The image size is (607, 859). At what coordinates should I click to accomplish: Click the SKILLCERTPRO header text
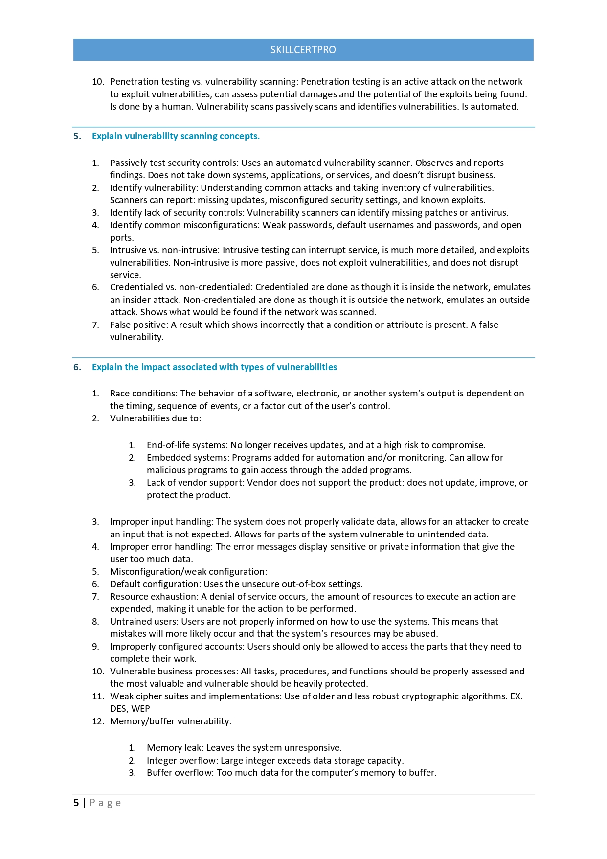click(303, 50)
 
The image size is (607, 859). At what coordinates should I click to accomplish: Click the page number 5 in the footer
click(76, 803)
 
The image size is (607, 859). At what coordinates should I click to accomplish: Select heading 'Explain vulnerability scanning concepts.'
click(176, 136)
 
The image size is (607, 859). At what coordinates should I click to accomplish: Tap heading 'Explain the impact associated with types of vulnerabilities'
click(214, 367)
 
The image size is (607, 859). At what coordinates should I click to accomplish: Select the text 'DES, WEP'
click(130, 709)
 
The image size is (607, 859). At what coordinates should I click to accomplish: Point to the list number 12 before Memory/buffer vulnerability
click(97, 721)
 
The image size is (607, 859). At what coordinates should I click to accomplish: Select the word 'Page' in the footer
click(105, 803)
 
